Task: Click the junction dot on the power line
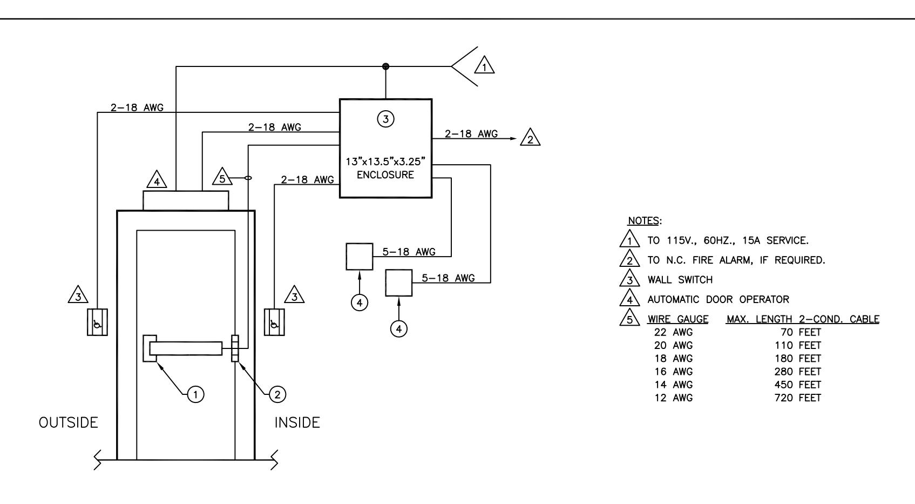[x=385, y=66]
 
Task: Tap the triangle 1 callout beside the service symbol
[x=484, y=65]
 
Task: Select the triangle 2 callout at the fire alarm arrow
[x=530, y=138]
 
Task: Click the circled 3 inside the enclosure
[x=385, y=119]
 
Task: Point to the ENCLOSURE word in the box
[x=385, y=175]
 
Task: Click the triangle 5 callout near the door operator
[x=222, y=177]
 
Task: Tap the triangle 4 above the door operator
[x=157, y=180]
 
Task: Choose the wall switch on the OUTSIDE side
[x=97, y=322]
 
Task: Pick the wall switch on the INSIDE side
[x=274, y=322]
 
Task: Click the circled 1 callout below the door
[x=195, y=394]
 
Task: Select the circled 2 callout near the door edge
[x=277, y=394]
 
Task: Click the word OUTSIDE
[x=68, y=422]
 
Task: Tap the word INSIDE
[x=297, y=422]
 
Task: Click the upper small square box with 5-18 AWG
[x=360, y=257]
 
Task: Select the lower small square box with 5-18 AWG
[x=399, y=283]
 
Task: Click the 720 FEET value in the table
[x=797, y=398]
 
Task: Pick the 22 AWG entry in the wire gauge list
[x=673, y=332]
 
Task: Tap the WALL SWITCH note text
[x=680, y=280]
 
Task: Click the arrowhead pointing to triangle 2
[x=514, y=139]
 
